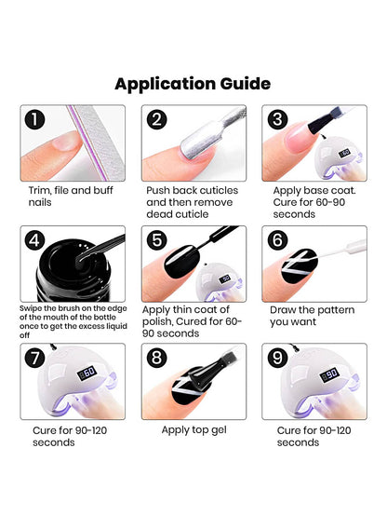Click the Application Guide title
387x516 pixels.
click(193, 83)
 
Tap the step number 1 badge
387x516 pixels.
click(35, 119)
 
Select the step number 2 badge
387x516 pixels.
click(157, 119)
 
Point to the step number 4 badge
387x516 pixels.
click(35, 240)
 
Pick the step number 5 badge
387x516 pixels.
click(157, 240)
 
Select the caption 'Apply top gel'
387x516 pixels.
click(193, 430)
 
